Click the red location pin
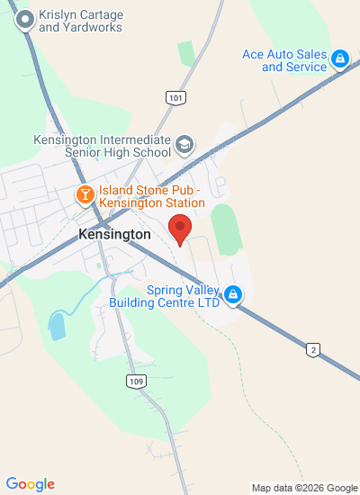tap(180, 229)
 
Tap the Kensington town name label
tap(114, 234)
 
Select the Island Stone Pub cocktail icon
tap(85, 194)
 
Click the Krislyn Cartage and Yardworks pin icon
tap(25, 18)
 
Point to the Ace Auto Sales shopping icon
tap(340, 59)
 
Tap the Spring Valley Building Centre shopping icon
tap(233, 294)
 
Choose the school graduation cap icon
tap(184, 144)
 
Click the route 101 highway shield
tap(176, 97)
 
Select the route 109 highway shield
tap(135, 382)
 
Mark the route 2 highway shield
tap(312, 350)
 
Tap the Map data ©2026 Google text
tap(304, 488)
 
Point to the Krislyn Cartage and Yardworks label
tap(81, 22)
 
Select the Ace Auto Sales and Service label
tap(283, 60)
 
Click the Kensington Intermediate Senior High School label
tap(102, 146)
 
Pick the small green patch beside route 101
tap(187, 52)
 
